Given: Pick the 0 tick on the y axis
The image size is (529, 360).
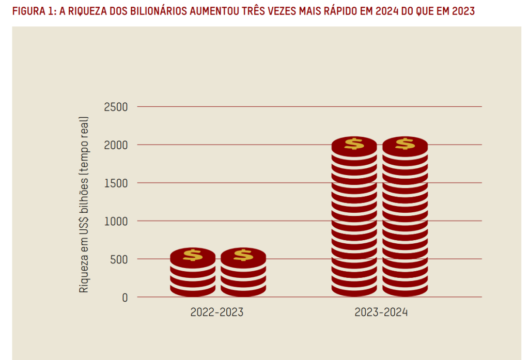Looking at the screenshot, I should click(x=125, y=298).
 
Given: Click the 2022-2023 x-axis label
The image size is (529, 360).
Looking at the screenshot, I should click(x=216, y=312).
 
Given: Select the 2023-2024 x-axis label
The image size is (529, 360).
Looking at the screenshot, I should click(x=381, y=312).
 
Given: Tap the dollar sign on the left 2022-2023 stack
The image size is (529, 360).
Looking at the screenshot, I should click(x=193, y=255).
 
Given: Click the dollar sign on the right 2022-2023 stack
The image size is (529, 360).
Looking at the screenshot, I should click(x=243, y=255).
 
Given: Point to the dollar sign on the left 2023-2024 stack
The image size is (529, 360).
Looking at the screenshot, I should click(x=354, y=144).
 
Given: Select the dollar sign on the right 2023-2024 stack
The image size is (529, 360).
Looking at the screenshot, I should click(x=405, y=144).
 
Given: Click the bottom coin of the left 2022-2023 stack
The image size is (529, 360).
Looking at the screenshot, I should click(x=193, y=290).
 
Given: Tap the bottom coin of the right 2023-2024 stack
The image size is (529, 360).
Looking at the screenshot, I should click(x=405, y=290).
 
